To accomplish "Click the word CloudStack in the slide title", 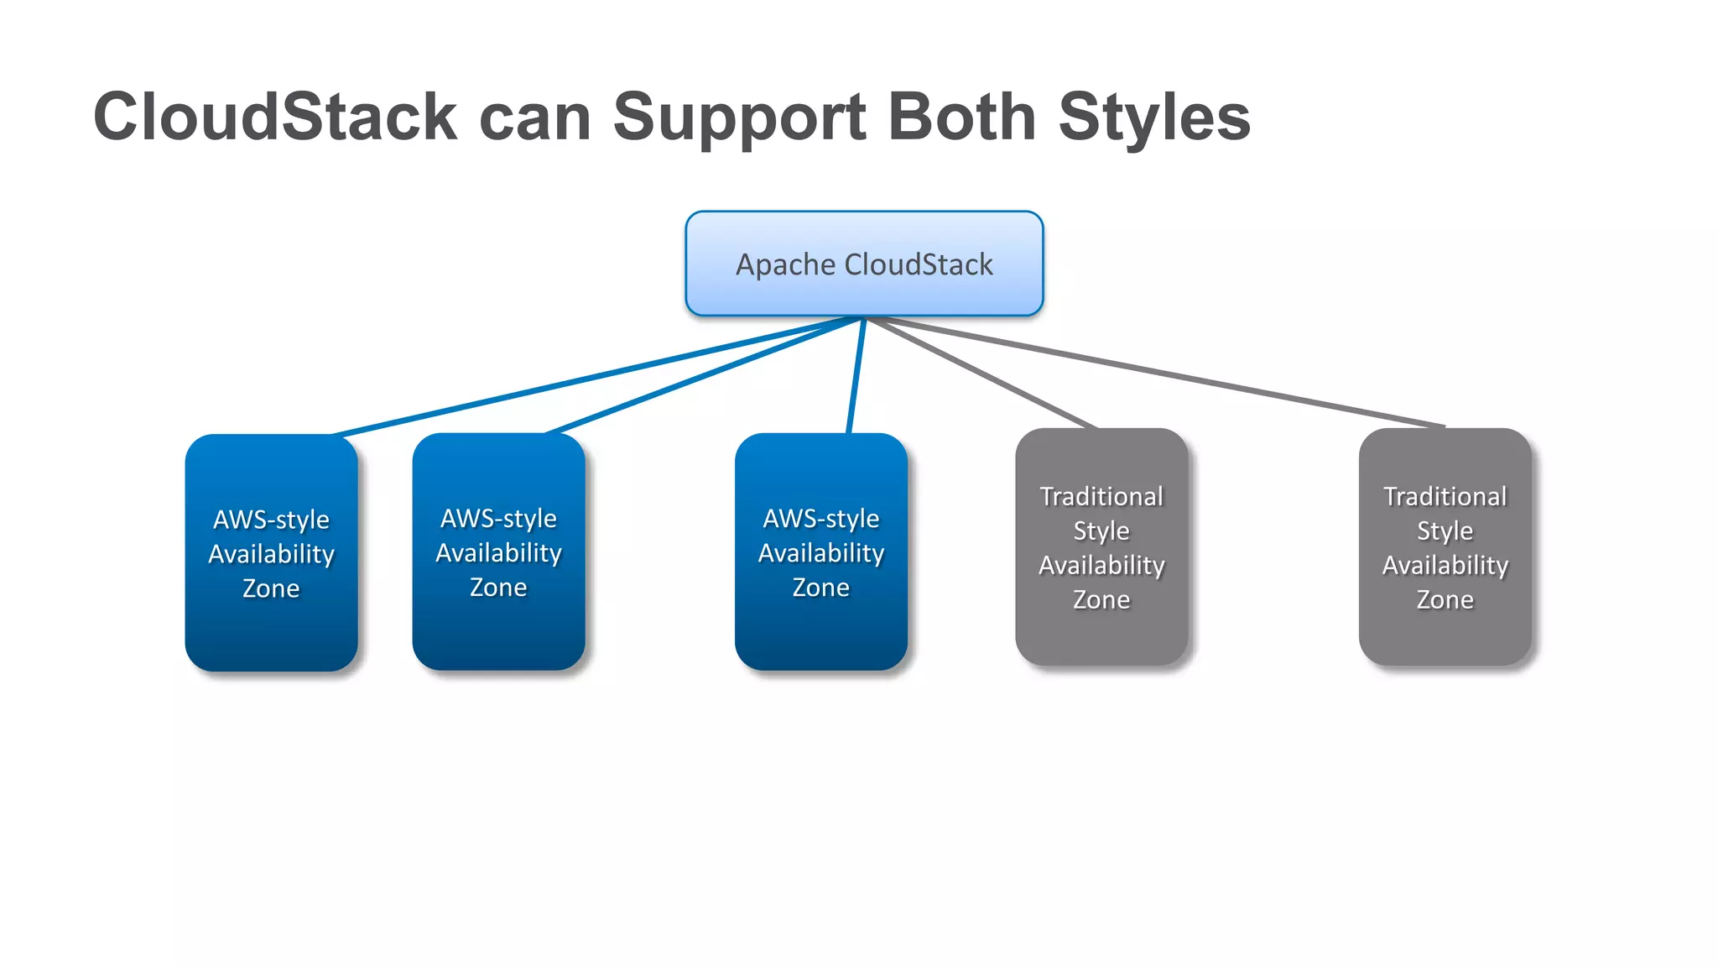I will (x=275, y=117).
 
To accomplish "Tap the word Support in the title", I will (x=739, y=117).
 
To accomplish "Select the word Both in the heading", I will (x=961, y=117).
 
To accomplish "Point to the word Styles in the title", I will (x=1154, y=117).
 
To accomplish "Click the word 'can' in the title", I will (x=535, y=118).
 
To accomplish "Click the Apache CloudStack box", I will (x=864, y=264).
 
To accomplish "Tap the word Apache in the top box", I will (x=785, y=264).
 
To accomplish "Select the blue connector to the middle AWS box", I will (x=705, y=375).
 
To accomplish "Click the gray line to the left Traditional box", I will (x=981, y=374).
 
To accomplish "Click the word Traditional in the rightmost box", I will (x=1445, y=496).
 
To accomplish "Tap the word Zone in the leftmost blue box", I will (x=271, y=588).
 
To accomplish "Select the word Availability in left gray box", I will (x=1101, y=565).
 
